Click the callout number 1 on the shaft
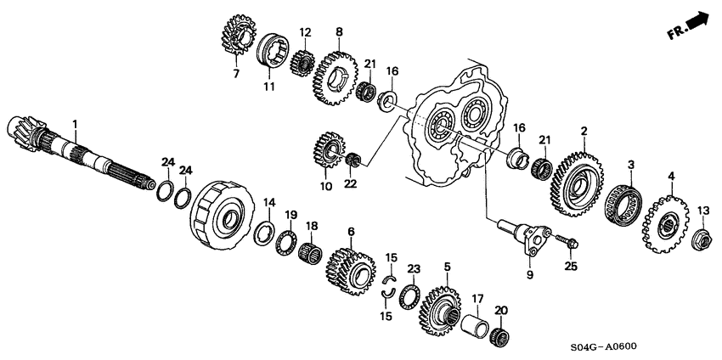75,125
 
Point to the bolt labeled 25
568,244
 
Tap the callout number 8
339,32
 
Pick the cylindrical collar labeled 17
477,324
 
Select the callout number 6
351,231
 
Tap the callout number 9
528,274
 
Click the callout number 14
269,202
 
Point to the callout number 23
414,267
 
